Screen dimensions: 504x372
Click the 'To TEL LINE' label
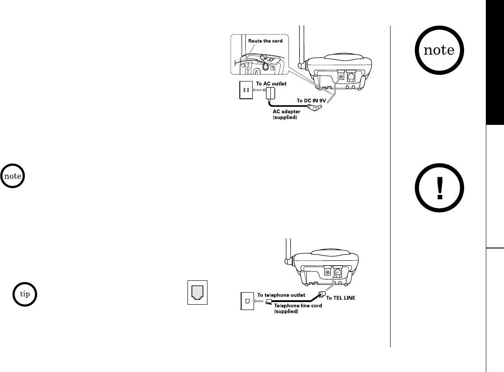pos(342,298)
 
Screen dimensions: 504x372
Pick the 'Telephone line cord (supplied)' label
pos(293,308)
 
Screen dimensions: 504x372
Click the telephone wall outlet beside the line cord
pos(247,301)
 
